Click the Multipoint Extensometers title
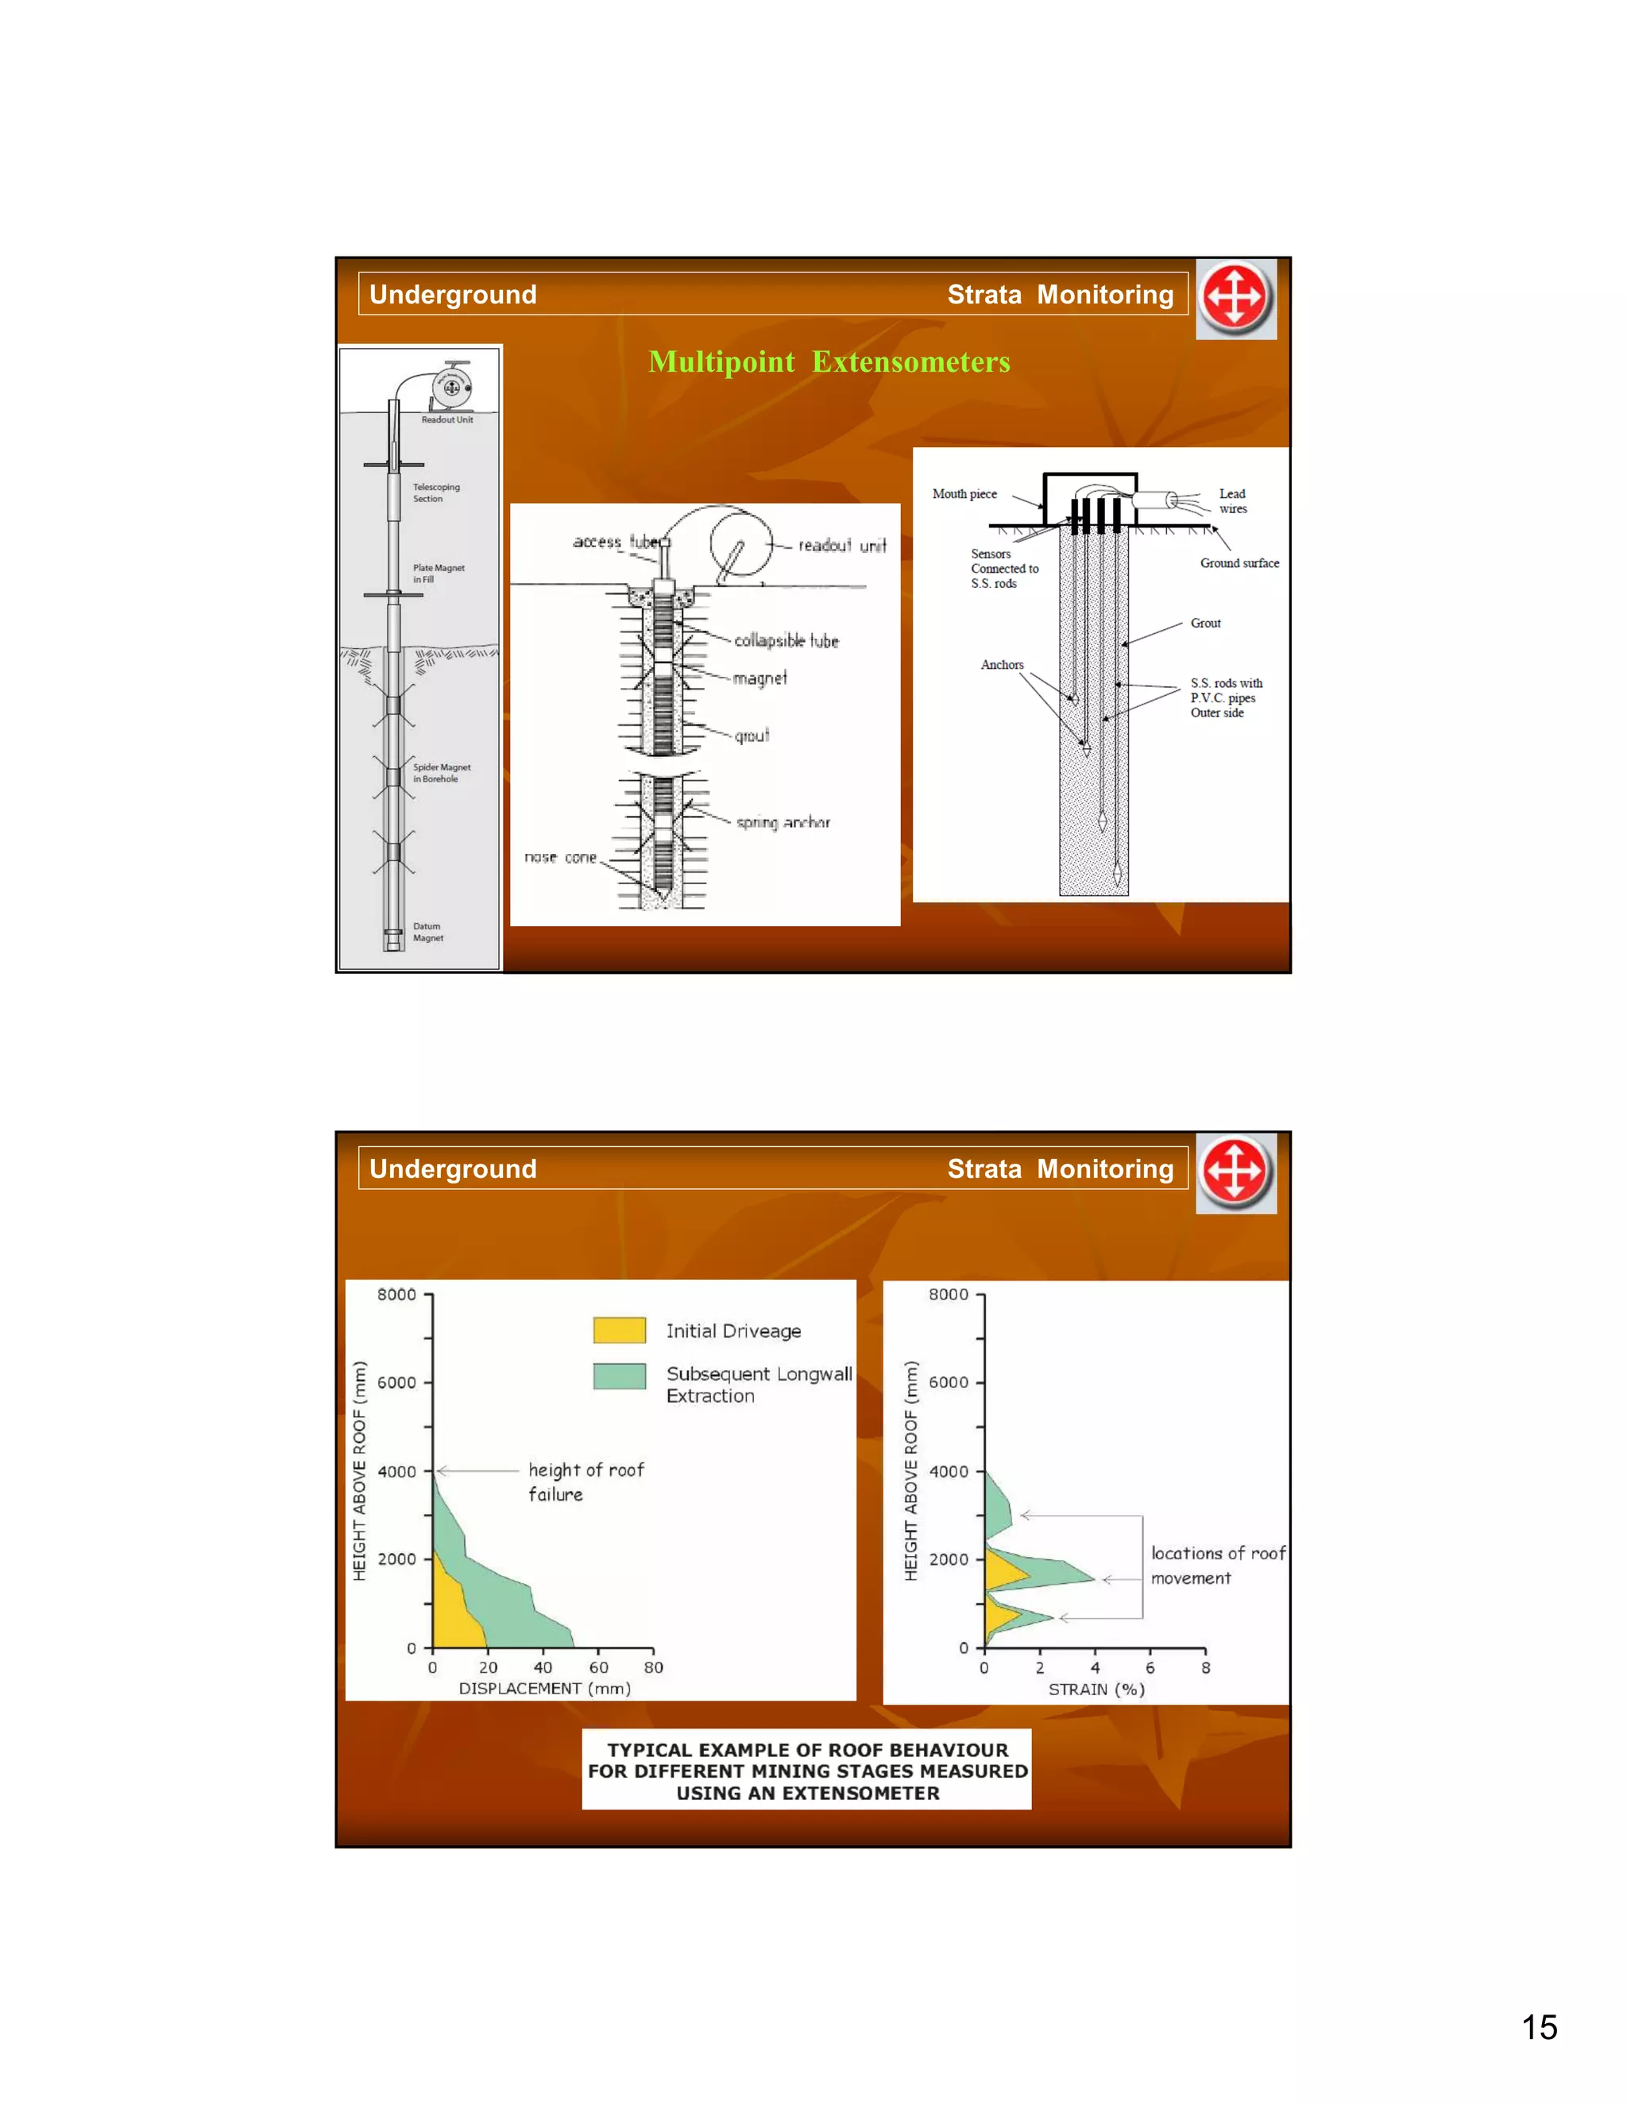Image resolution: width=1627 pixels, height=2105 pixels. (829, 361)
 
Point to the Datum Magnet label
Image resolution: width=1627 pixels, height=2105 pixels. (428, 932)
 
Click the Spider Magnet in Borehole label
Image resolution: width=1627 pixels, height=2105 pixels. (442, 773)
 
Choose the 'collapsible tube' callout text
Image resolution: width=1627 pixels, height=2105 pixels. (786, 641)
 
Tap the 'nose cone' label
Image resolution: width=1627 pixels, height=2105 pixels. (560, 857)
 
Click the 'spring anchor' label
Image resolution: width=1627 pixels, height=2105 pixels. (783, 822)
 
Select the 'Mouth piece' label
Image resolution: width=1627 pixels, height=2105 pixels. (964, 493)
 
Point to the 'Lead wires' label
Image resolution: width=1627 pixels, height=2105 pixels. (1232, 501)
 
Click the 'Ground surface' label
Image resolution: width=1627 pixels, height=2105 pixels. (1239, 563)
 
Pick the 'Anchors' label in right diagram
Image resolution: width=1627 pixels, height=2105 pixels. (1002, 665)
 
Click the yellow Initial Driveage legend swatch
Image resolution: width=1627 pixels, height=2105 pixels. (619, 1330)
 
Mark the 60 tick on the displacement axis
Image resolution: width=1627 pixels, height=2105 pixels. (598, 1667)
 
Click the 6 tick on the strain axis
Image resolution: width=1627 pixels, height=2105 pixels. (1150, 1667)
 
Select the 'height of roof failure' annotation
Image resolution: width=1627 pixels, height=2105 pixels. (585, 1481)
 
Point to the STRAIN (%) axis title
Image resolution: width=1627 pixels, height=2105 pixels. (1096, 1690)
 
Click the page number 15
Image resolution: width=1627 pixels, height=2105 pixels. (1538, 2028)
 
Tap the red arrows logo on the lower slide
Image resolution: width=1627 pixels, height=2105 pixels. (1235, 1172)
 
